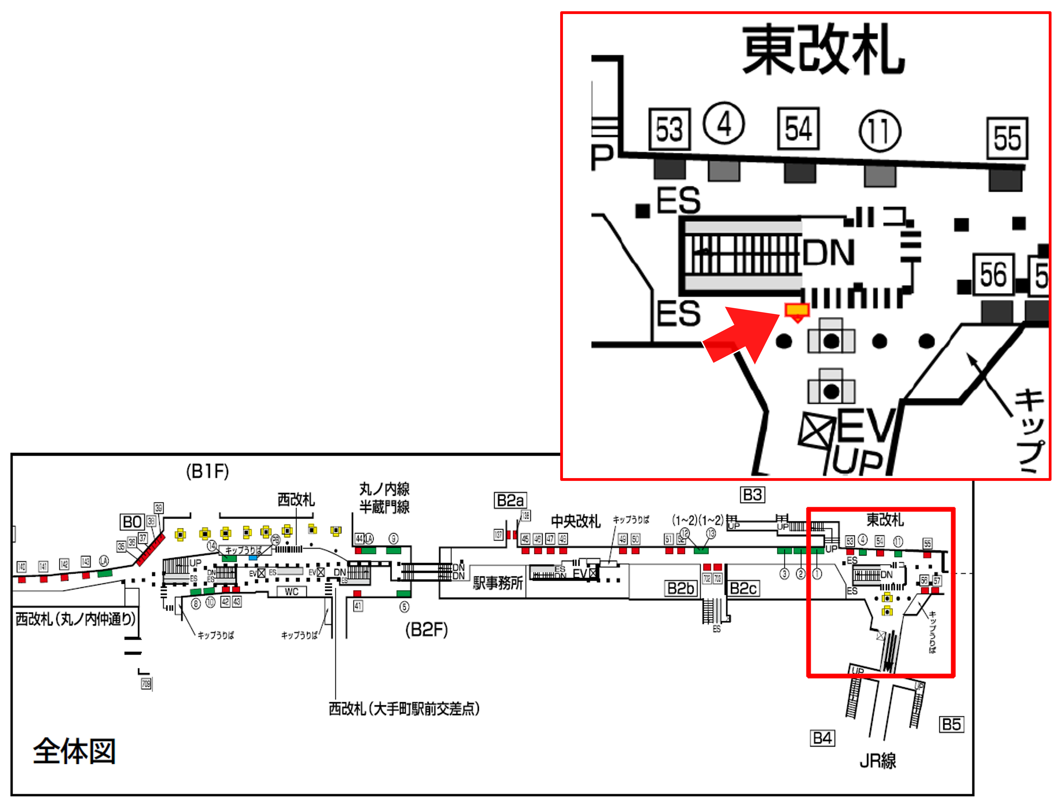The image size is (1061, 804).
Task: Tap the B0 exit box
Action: tap(132, 522)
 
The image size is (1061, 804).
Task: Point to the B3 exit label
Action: tap(753, 494)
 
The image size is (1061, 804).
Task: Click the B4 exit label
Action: tap(822, 738)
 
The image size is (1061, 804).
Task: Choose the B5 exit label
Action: tap(952, 724)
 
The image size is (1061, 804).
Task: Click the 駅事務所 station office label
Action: tap(498, 583)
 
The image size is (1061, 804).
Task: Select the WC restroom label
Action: tap(292, 591)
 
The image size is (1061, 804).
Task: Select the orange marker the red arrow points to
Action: tap(797, 310)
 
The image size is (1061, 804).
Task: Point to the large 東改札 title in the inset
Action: tap(823, 50)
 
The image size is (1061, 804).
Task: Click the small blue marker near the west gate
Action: tap(253, 558)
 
